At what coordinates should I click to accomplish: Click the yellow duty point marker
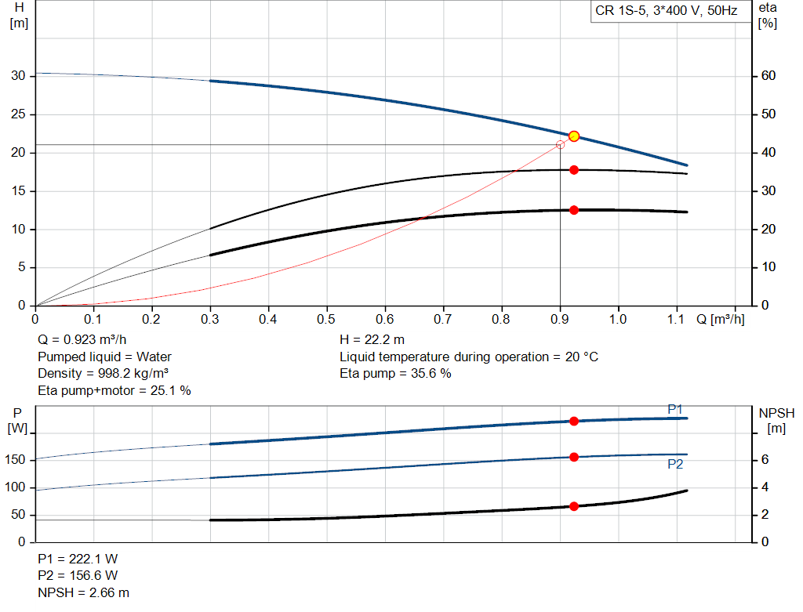point(574,136)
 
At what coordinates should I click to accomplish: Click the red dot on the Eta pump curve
point(574,170)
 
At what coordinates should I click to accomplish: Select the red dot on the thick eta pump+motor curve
point(574,210)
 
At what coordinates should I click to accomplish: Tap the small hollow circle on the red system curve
point(560,144)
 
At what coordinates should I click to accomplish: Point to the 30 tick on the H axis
point(18,76)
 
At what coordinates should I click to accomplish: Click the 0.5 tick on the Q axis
point(326,319)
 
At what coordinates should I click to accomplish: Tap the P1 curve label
point(675,409)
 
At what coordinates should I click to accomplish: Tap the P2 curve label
point(675,464)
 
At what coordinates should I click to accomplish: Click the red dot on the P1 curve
point(574,422)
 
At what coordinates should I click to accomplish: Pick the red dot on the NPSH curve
point(574,506)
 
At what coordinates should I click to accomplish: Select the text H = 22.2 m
point(372,340)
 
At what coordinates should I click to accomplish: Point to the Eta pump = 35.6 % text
point(395,373)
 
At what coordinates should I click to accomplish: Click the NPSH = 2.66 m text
point(84,592)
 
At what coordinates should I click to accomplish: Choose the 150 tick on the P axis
point(16,460)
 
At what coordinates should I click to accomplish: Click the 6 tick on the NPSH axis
point(764,460)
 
